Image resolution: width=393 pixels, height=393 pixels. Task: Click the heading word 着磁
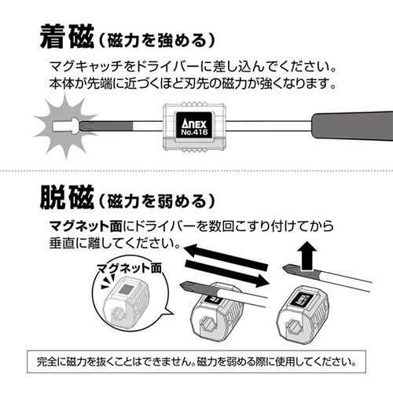click(67, 37)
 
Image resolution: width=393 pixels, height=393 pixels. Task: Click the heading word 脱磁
click(67, 197)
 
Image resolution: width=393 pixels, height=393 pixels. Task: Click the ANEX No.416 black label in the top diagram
click(194, 125)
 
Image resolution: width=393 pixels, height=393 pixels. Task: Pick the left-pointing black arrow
click(226, 257)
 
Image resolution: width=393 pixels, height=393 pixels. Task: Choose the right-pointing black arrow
click(227, 273)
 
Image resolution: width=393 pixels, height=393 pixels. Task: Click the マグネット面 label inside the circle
click(129, 268)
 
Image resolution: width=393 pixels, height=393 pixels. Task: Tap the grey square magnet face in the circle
click(127, 290)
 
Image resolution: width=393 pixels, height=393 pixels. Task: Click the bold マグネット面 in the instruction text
click(86, 226)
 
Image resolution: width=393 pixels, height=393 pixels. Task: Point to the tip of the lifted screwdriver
click(284, 267)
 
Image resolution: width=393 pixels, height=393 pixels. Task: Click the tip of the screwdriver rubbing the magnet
click(182, 285)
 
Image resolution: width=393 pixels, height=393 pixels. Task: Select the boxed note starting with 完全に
click(196, 362)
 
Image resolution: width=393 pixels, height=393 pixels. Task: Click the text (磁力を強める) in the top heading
click(157, 41)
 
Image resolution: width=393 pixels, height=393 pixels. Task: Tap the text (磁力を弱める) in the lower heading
click(157, 201)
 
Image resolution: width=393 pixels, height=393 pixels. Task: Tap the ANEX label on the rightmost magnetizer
click(303, 299)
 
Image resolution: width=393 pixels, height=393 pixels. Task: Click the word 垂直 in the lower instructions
click(62, 243)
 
